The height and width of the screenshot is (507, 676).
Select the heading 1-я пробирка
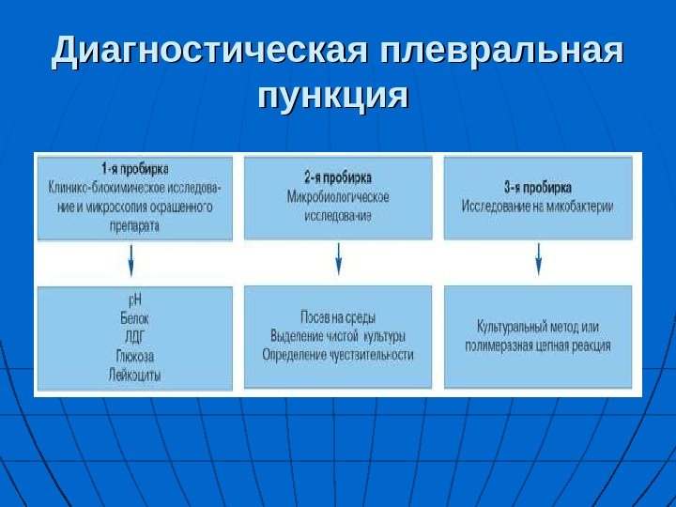click(135, 169)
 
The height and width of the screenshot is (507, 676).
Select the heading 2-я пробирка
click(338, 177)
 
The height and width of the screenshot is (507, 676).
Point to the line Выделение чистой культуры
click(338, 336)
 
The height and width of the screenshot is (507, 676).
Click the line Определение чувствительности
click(338, 355)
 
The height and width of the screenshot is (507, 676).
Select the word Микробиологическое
click(338, 196)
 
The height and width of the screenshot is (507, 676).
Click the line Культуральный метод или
click(537, 327)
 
